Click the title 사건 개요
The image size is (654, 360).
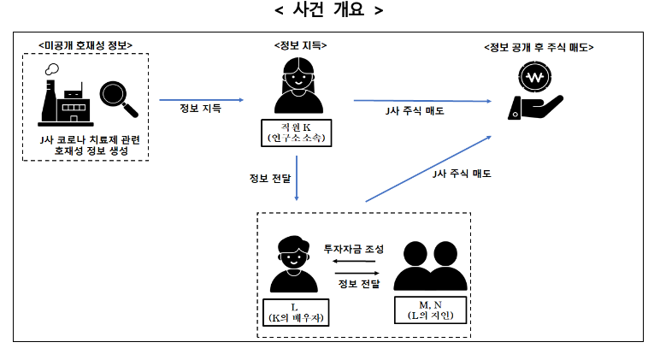click(328, 9)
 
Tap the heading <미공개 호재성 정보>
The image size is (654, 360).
click(85, 45)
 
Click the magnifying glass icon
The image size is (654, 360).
click(119, 99)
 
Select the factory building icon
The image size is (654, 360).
click(66, 103)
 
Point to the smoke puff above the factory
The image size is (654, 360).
click(52, 69)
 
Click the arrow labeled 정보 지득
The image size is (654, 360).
click(201, 100)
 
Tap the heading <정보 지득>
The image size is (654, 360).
click(300, 45)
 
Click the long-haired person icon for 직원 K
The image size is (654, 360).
click(298, 86)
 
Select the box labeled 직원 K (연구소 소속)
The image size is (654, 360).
click(296, 133)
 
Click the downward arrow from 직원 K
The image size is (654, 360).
click(297, 178)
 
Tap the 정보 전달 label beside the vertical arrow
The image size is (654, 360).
click(270, 179)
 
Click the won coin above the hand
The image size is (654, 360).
click(535, 77)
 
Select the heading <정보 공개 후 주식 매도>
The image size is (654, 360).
click(539, 47)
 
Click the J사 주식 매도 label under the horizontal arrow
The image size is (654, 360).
click(415, 111)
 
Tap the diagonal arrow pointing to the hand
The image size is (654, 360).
click(428, 169)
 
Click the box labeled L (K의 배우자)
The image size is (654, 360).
click(296, 312)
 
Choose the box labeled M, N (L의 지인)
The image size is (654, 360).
click(430, 310)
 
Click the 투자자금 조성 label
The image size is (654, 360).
click(354, 249)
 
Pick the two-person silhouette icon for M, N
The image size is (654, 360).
click(430, 266)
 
